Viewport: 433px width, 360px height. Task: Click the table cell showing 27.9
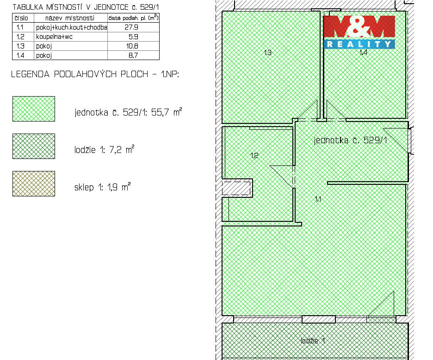[133, 27]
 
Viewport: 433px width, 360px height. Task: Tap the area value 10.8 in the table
[133, 46]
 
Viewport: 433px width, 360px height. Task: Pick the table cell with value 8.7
[133, 55]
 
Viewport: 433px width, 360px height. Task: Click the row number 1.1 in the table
[20, 27]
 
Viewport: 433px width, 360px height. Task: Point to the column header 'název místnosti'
[70, 18]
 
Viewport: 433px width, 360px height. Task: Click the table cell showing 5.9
[133, 37]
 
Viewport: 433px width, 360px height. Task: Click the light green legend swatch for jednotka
[34, 109]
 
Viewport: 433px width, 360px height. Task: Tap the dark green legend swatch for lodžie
[34, 146]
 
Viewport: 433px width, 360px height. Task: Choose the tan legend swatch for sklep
[34, 183]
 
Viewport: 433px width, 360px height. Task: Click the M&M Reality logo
[359, 31]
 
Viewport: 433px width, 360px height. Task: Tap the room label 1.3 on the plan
[267, 53]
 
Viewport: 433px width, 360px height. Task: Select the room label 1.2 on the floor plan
[254, 156]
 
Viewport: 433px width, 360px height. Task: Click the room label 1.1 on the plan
[318, 199]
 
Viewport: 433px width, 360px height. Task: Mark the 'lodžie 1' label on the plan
[313, 341]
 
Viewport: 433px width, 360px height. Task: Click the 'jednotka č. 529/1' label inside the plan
[350, 140]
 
